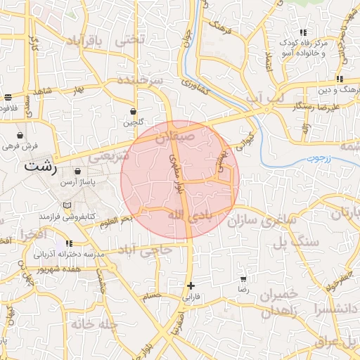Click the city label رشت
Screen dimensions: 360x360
(41, 166)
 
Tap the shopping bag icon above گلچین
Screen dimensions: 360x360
(133, 111)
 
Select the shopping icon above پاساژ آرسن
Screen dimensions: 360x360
(77, 171)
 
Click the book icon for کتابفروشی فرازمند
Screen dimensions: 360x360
(67, 205)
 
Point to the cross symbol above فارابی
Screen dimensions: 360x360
(191, 285)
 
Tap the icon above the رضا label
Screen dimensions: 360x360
(243, 278)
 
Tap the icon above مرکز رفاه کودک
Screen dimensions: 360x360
(303, 32)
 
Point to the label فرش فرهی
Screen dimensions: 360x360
(19, 146)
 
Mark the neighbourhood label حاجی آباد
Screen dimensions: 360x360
(143, 250)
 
